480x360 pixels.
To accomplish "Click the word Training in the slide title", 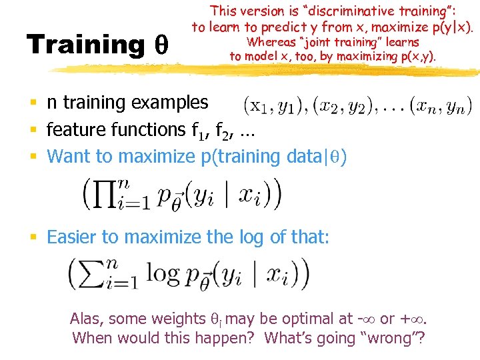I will point(85,45).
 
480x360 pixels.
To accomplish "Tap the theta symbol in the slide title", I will point(161,45).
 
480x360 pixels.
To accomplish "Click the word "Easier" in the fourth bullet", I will point(69,237).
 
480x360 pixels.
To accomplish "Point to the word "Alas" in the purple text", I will point(87,319).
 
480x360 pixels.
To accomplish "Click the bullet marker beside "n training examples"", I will point(32,103).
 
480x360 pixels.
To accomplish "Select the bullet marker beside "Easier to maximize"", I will point(32,237).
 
